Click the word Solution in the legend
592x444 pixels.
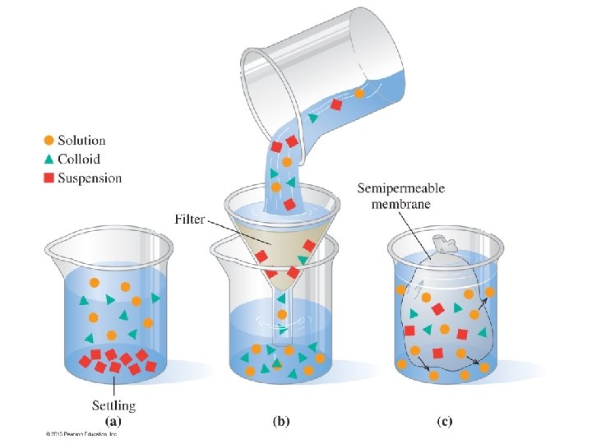point(81,141)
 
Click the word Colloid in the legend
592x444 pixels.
point(79,160)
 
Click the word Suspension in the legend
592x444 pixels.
point(89,178)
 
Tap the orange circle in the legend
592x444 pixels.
point(49,141)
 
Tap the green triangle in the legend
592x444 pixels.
point(49,159)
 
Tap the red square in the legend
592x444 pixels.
point(49,178)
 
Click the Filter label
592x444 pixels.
point(190,220)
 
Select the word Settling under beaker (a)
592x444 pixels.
point(113,405)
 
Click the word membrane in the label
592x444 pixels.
point(400,204)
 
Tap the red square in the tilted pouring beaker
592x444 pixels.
point(335,104)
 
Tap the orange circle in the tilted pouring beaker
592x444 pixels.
point(359,94)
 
